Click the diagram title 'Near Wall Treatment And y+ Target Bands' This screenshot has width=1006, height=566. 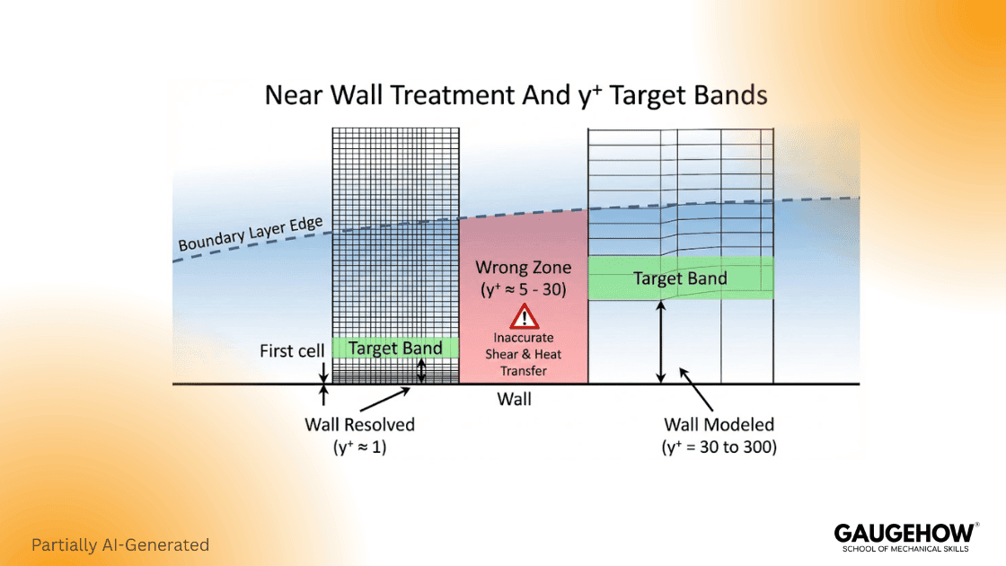click(x=516, y=96)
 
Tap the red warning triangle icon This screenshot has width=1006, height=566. click(x=523, y=316)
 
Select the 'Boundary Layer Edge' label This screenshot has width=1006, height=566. click(x=251, y=230)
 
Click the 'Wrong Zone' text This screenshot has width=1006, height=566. click(x=523, y=267)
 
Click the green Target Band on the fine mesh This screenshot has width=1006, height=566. click(x=395, y=348)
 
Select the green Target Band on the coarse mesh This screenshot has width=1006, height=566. click(x=680, y=279)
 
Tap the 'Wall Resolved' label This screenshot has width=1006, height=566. click(x=359, y=424)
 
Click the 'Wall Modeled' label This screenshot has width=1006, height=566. click(x=719, y=424)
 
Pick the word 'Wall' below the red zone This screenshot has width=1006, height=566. click(x=514, y=398)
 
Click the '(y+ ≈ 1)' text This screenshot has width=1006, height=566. click(x=359, y=447)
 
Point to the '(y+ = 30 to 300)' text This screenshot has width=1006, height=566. click(x=719, y=447)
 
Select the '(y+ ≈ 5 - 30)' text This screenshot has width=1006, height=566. click(x=523, y=289)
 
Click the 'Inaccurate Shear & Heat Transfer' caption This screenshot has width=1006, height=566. click(x=523, y=354)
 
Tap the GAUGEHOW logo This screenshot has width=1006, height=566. click(x=905, y=531)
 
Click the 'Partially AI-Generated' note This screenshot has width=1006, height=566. click(x=120, y=544)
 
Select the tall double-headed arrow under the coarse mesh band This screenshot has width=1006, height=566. click(x=661, y=341)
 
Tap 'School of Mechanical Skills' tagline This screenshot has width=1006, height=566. click(x=905, y=548)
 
